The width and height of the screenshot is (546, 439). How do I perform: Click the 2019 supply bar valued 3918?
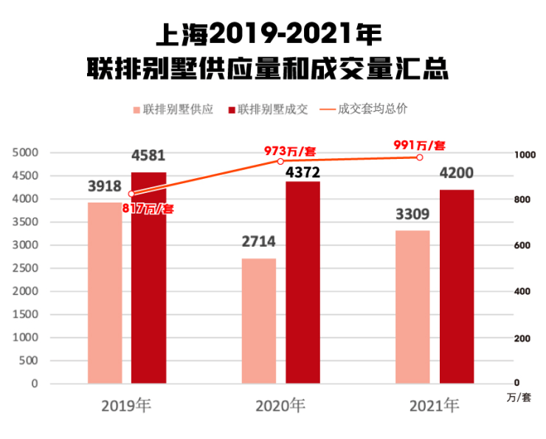[x=105, y=293]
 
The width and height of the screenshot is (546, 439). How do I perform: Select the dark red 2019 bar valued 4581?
[x=148, y=278]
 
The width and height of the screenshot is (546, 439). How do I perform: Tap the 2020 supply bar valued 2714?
[x=259, y=321]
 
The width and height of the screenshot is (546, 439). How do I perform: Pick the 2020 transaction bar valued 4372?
[x=303, y=282]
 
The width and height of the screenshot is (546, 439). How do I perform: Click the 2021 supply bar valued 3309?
[x=412, y=307]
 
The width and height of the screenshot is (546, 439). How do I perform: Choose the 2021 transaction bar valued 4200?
[x=457, y=287]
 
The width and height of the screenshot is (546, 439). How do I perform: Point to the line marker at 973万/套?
[x=280, y=161]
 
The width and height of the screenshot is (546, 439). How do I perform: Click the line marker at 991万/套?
[x=420, y=157]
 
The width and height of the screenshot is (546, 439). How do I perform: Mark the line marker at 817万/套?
[x=131, y=194]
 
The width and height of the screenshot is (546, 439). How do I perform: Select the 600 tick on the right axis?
[x=521, y=246]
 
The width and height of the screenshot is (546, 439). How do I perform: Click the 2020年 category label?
[x=280, y=406]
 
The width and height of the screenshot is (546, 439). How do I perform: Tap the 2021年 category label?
[x=434, y=406]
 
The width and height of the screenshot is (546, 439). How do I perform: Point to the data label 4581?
[x=148, y=156]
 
